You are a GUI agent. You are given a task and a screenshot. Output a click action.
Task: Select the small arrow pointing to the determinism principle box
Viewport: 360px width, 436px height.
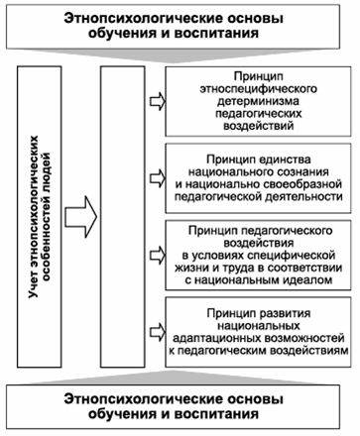coord(157,100)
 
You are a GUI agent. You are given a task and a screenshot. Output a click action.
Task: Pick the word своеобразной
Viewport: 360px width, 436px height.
coord(298,183)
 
